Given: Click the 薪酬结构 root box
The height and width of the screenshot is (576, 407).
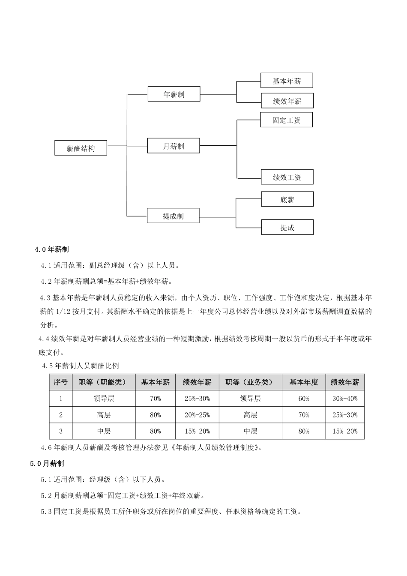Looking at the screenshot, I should (x=81, y=148).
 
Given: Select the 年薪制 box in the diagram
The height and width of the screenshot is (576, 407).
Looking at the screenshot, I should (x=174, y=94).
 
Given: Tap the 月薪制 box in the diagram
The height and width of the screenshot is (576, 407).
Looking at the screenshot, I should (x=174, y=146).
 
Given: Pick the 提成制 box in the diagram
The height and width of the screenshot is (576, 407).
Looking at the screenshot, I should (x=173, y=216).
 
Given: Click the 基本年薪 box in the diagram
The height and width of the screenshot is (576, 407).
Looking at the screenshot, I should (x=287, y=81).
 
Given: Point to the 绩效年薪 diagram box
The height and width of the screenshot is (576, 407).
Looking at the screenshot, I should (x=287, y=101).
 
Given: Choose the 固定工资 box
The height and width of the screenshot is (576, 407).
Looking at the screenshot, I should (x=286, y=120).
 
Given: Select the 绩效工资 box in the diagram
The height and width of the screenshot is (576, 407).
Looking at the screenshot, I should (x=287, y=177).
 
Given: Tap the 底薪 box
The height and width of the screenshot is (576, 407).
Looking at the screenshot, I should (x=287, y=199).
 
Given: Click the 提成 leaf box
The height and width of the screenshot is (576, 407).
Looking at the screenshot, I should (x=287, y=227).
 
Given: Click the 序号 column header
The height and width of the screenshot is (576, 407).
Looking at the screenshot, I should (x=60, y=382).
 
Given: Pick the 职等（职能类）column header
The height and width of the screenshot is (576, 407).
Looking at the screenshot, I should (x=104, y=382).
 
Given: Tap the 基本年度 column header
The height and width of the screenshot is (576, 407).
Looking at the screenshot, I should (x=303, y=382).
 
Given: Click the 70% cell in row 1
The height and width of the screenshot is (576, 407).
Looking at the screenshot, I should (x=155, y=399).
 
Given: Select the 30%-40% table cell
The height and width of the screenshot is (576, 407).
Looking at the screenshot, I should (x=344, y=399).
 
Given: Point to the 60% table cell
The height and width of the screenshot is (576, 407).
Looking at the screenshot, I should (x=303, y=399).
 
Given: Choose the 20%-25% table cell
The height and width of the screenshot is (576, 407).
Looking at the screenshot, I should (x=197, y=415).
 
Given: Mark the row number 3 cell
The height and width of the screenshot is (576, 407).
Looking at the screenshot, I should (x=60, y=431).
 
